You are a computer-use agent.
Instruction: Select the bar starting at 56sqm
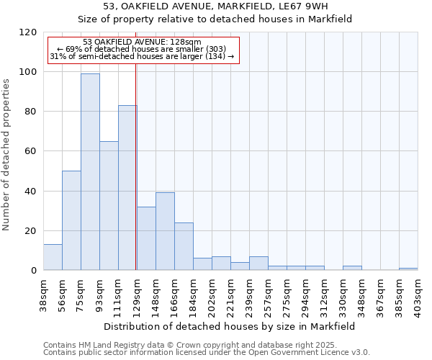71,220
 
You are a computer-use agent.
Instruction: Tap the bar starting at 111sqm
127,187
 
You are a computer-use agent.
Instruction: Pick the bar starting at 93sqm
109,205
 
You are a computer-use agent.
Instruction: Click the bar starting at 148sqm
165,231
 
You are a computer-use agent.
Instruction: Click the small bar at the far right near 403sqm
408,269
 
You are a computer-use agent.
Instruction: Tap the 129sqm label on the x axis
136,292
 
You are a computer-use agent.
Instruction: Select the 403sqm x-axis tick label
418,292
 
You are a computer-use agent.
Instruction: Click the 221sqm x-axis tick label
230,292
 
